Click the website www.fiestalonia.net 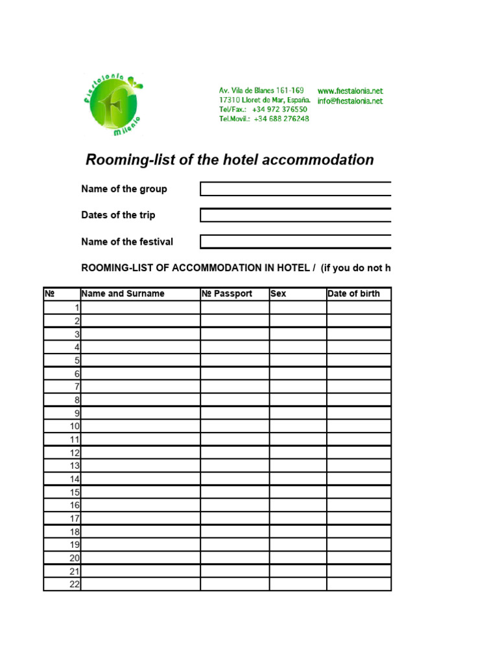350,91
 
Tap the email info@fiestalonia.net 350,101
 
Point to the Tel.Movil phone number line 264,119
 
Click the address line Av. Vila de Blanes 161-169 261,91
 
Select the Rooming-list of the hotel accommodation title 230,160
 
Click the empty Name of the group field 295,189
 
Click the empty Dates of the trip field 295,216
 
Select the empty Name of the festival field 295,242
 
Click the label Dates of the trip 118,215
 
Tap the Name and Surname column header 123,294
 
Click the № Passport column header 227,294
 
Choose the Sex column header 278,294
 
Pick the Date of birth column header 354,294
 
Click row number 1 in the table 77,308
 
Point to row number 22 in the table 74,584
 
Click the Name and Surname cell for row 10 140,426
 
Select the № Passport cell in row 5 235,360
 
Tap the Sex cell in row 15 298,492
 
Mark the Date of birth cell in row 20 359,558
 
